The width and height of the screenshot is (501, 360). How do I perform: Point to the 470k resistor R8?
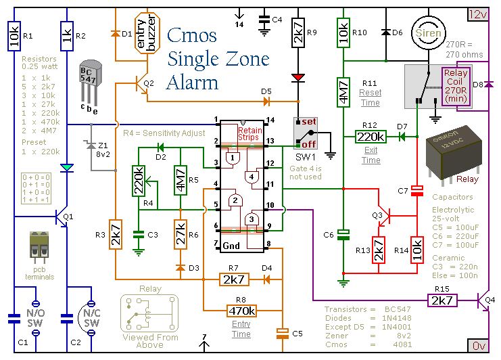(241, 311)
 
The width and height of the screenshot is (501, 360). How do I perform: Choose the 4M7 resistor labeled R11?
(343, 91)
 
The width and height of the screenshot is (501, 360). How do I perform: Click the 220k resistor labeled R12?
(371, 136)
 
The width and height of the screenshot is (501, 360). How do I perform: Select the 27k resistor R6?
(180, 234)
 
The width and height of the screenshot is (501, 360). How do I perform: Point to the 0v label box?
(477, 345)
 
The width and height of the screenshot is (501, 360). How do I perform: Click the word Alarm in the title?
(193, 83)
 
